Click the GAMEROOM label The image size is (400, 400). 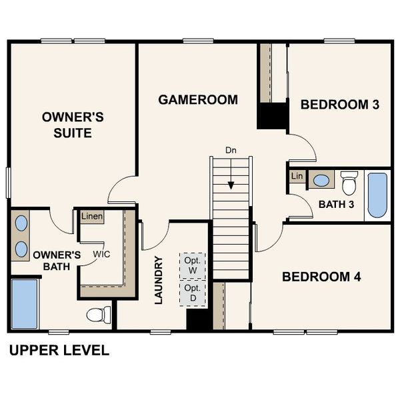click(198, 100)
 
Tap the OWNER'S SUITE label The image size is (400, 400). click(73, 125)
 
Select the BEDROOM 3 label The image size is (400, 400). click(344, 104)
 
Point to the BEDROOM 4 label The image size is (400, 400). click(321, 277)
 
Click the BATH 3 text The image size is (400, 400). click(335, 204)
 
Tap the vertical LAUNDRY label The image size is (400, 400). click(159, 281)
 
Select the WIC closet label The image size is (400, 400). click(101, 255)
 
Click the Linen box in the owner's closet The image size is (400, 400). click(92, 217)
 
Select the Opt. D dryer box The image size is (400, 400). click(192, 292)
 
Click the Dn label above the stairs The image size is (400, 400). click(231, 150)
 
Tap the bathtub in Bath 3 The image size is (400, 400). click(377, 195)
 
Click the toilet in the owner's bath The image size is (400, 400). click(98, 313)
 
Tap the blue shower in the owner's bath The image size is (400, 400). click(25, 304)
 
